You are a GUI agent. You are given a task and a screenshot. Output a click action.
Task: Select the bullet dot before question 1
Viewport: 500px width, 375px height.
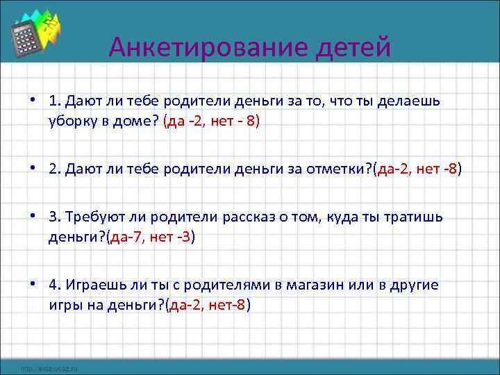33,101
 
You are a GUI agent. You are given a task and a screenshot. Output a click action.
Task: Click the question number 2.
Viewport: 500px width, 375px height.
54,169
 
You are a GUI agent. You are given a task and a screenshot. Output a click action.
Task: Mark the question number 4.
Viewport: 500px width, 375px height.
54,286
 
